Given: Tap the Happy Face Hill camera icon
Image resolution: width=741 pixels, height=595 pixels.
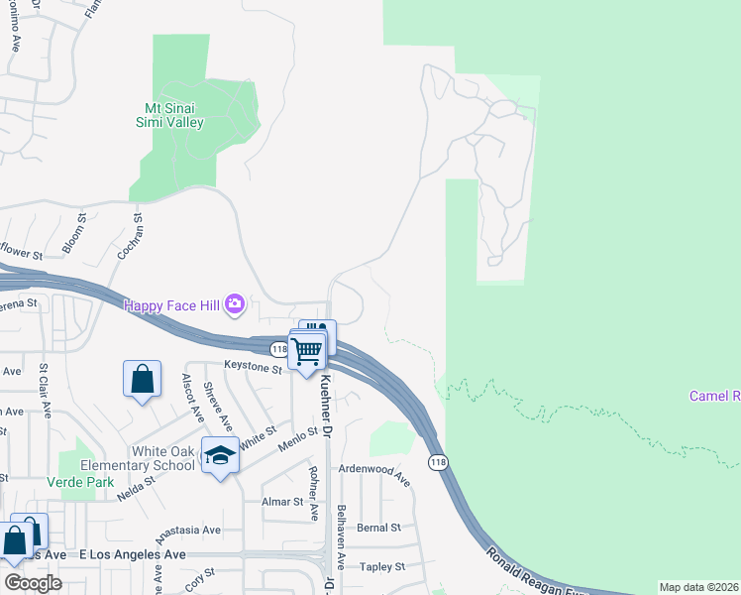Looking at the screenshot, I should (x=235, y=304).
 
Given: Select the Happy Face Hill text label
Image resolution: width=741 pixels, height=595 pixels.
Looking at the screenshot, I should (x=170, y=304).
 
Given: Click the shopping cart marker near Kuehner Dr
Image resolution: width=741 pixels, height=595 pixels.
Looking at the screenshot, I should (x=307, y=350).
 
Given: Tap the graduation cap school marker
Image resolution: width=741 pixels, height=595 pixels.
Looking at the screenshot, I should (x=221, y=455).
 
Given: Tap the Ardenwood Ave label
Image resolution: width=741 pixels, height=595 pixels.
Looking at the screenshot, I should (x=374, y=473).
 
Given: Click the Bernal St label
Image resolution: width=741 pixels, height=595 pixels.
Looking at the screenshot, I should (x=379, y=528).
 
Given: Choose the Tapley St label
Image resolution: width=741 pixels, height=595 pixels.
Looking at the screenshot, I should (x=382, y=566).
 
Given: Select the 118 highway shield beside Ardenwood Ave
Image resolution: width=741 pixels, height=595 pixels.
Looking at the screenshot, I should (x=438, y=463).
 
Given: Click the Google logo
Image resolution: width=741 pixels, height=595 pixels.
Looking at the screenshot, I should (x=33, y=582).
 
